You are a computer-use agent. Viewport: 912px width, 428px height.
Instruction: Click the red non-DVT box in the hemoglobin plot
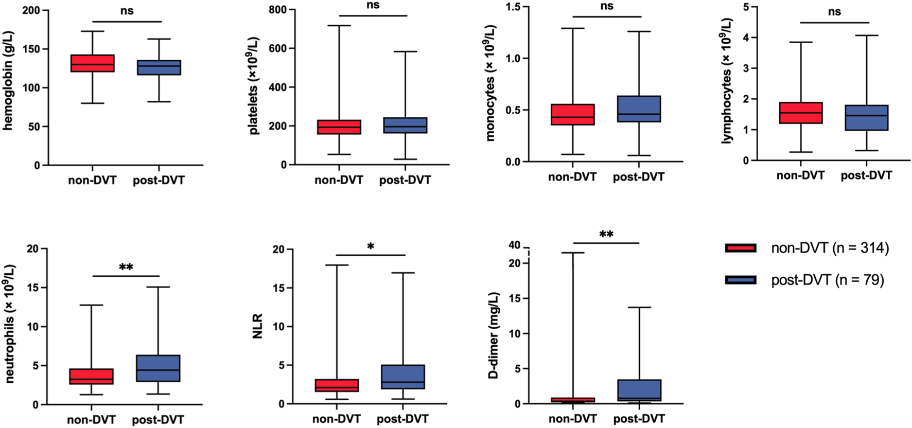92,63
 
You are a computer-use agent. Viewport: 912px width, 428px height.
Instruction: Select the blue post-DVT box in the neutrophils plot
158,368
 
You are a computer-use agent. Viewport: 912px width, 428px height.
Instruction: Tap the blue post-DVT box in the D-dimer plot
639,390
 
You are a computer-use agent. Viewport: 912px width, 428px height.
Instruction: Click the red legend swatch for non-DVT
740,248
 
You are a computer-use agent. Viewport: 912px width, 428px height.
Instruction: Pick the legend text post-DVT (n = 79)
828,280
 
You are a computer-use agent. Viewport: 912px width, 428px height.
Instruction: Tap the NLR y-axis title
258,326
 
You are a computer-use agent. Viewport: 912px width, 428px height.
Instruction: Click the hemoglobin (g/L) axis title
8,81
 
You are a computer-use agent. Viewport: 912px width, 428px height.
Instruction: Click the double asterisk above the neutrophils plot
126,267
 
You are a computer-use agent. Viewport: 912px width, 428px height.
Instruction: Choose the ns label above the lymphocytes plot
834,12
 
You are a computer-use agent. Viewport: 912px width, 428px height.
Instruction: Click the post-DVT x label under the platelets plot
405,180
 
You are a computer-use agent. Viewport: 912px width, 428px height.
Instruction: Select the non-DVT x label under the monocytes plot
572,177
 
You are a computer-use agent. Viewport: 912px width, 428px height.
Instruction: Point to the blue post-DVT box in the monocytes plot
639,109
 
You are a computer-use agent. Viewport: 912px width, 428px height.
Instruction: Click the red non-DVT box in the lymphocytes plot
801,113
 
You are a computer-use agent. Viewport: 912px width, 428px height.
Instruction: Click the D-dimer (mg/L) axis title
494,335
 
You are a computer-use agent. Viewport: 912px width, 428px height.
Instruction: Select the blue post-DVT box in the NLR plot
402,377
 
